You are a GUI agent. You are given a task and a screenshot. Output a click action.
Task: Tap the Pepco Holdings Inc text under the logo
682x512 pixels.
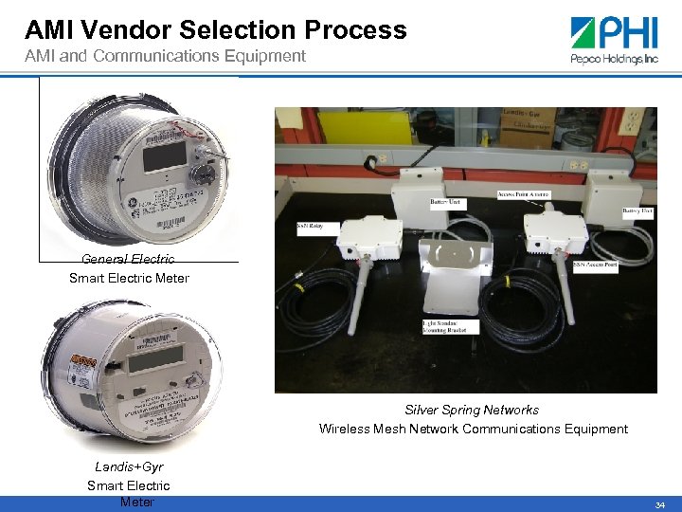click(614, 59)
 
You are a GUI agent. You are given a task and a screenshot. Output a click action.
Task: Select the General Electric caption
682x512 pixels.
click(128, 259)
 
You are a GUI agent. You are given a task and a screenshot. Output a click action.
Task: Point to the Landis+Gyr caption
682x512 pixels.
click(129, 466)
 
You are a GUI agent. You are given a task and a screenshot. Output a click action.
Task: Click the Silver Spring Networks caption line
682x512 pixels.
click(472, 410)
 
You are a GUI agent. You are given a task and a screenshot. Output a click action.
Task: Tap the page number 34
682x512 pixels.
click(660, 504)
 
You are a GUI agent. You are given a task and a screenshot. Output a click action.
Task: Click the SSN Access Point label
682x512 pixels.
click(596, 266)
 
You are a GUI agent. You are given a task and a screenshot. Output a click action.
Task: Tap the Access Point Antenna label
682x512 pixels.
click(523, 195)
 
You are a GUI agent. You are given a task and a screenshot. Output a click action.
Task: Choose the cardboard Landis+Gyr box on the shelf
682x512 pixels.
click(527, 127)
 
